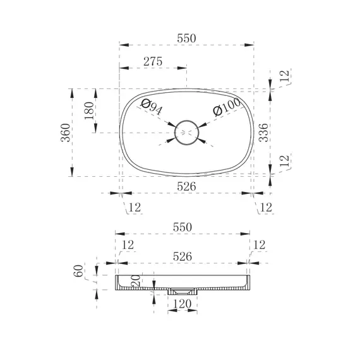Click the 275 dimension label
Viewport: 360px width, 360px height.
tap(153, 61)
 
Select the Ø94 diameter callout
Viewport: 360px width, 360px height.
tap(152, 107)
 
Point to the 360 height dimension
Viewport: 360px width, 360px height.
tap(66, 133)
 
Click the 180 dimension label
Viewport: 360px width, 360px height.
tap(89, 111)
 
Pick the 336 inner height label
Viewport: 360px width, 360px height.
tap(263, 133)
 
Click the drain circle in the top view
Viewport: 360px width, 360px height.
tap(186, 121)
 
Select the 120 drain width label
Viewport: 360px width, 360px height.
tap(182, 304)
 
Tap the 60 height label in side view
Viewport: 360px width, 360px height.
tap(78, 271)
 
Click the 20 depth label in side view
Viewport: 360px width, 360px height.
tap(136, 280)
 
